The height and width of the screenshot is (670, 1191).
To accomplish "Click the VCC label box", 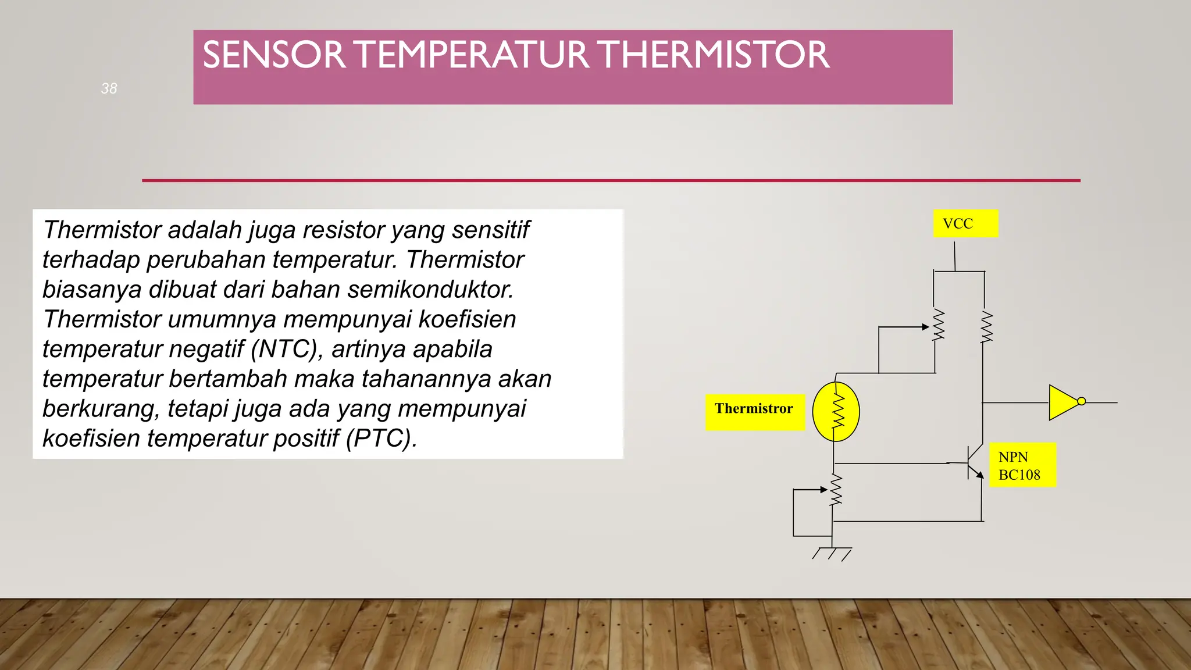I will click(x=965, y=223).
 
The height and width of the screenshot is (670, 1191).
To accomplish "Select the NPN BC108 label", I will click(x=1022, y=465).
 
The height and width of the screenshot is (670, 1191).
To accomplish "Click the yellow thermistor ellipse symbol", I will click(x=836, y=412).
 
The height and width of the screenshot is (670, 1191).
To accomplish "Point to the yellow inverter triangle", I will click(x=1063, y=402).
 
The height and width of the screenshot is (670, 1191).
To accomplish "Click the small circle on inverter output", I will click(x=1081, y=401).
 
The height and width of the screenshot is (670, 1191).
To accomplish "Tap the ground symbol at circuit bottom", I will click(x=832, y=553).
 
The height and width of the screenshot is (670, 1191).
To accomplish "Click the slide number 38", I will click(x=109, y=88).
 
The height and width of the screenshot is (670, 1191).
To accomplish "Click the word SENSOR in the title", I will click(x=274, y=55).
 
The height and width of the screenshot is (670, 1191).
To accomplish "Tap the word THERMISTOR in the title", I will click(x=714, y=55).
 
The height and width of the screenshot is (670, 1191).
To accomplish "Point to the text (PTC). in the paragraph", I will click(x=381, y=438).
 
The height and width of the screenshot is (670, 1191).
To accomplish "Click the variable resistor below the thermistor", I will click(x=836, y=490).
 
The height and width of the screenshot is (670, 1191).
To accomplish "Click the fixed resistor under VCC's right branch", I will click(x=986, y=326).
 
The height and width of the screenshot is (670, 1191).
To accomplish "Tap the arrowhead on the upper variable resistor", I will click(x=925, y=327).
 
